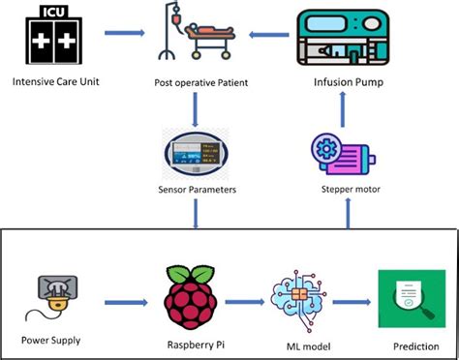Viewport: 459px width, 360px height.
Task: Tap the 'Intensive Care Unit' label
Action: point(58,81)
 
